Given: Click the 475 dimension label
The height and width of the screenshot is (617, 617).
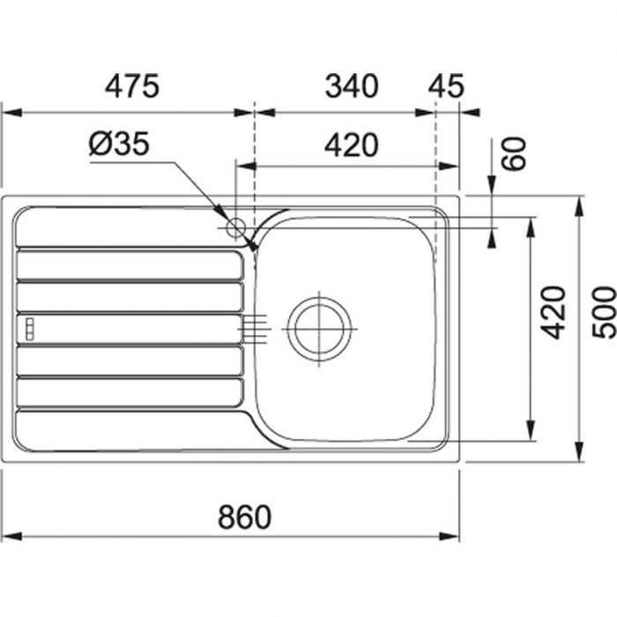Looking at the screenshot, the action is click(132, 85).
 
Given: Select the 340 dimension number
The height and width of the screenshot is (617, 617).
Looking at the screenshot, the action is click(352, 85).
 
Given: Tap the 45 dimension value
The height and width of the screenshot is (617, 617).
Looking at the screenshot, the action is click(446, 85).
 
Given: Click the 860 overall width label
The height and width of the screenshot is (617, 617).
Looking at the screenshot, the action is click(245, 517).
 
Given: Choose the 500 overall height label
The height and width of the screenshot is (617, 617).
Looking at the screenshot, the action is click(605, 312).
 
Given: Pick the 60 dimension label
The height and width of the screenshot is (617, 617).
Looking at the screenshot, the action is click(514, 153).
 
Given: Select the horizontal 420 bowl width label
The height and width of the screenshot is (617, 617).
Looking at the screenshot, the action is click(352, 145).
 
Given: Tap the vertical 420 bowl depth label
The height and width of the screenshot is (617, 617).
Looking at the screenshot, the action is click(553, 313).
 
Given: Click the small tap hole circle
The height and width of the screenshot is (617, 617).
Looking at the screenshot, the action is click(235, 227).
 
